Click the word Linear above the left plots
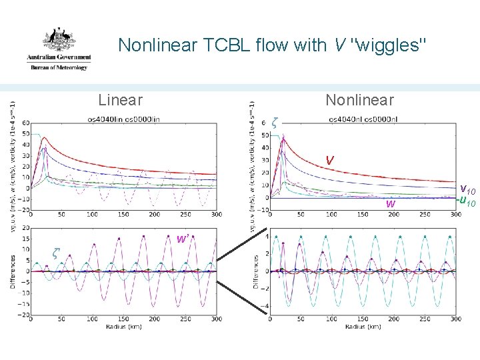(x=120, y=100)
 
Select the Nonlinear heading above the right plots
(x=359, y=100)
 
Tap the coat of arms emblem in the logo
(x=59, y=42)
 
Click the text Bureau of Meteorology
(x=59, y=67)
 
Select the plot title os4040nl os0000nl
(x=363, y=119)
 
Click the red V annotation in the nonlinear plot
(x=329, y=161)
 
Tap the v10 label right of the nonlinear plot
(x=467, y=190)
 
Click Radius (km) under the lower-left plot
(x=123, y=326)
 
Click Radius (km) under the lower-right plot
(x=363, y=326)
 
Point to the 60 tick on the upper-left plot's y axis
(x=25, y=123)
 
